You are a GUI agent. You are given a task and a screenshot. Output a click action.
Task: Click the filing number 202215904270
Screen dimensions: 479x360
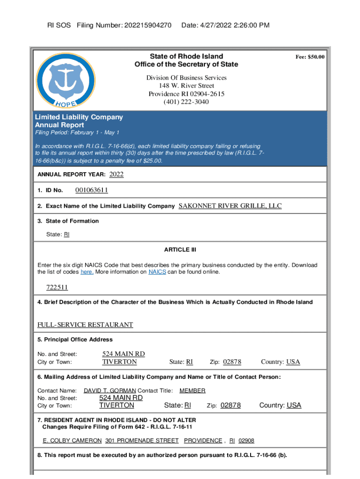coord(148,25)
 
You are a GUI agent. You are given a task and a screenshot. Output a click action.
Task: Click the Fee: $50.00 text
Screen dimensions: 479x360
coord(310,57)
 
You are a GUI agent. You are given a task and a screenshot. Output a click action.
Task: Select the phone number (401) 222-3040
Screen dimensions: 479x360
coord(186,102)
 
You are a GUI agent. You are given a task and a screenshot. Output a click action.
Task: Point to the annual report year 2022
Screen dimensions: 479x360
coord(116,174)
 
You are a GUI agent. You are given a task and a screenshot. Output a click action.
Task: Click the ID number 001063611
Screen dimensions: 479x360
coord(92,190)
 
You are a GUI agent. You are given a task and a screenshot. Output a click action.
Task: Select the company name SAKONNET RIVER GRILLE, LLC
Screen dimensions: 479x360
coord(230,206)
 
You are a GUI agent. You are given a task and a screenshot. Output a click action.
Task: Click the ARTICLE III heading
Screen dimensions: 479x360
coord(180,250)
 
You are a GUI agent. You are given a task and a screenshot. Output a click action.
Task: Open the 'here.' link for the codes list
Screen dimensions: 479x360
coord(87,272)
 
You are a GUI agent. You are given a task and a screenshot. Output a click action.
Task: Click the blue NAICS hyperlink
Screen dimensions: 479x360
coord(157,272)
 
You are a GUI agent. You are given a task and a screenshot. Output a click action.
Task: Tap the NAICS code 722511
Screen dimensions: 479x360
coord(57,287)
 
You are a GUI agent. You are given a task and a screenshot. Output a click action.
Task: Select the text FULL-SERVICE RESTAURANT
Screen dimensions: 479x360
coord(85,325)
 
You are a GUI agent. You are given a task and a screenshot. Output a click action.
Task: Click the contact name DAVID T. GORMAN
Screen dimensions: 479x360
coord(110,391)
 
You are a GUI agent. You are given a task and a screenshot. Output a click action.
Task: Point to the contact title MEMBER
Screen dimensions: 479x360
coord(192,391)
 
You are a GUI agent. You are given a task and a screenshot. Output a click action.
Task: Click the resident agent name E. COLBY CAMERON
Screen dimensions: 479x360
coord(72,441)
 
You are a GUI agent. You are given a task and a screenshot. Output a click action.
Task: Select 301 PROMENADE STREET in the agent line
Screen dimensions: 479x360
coord(142,441)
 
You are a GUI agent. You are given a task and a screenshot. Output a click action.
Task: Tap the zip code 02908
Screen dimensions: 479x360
coord(246,441)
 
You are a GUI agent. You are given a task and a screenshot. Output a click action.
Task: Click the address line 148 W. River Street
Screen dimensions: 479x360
coord(187,86)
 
